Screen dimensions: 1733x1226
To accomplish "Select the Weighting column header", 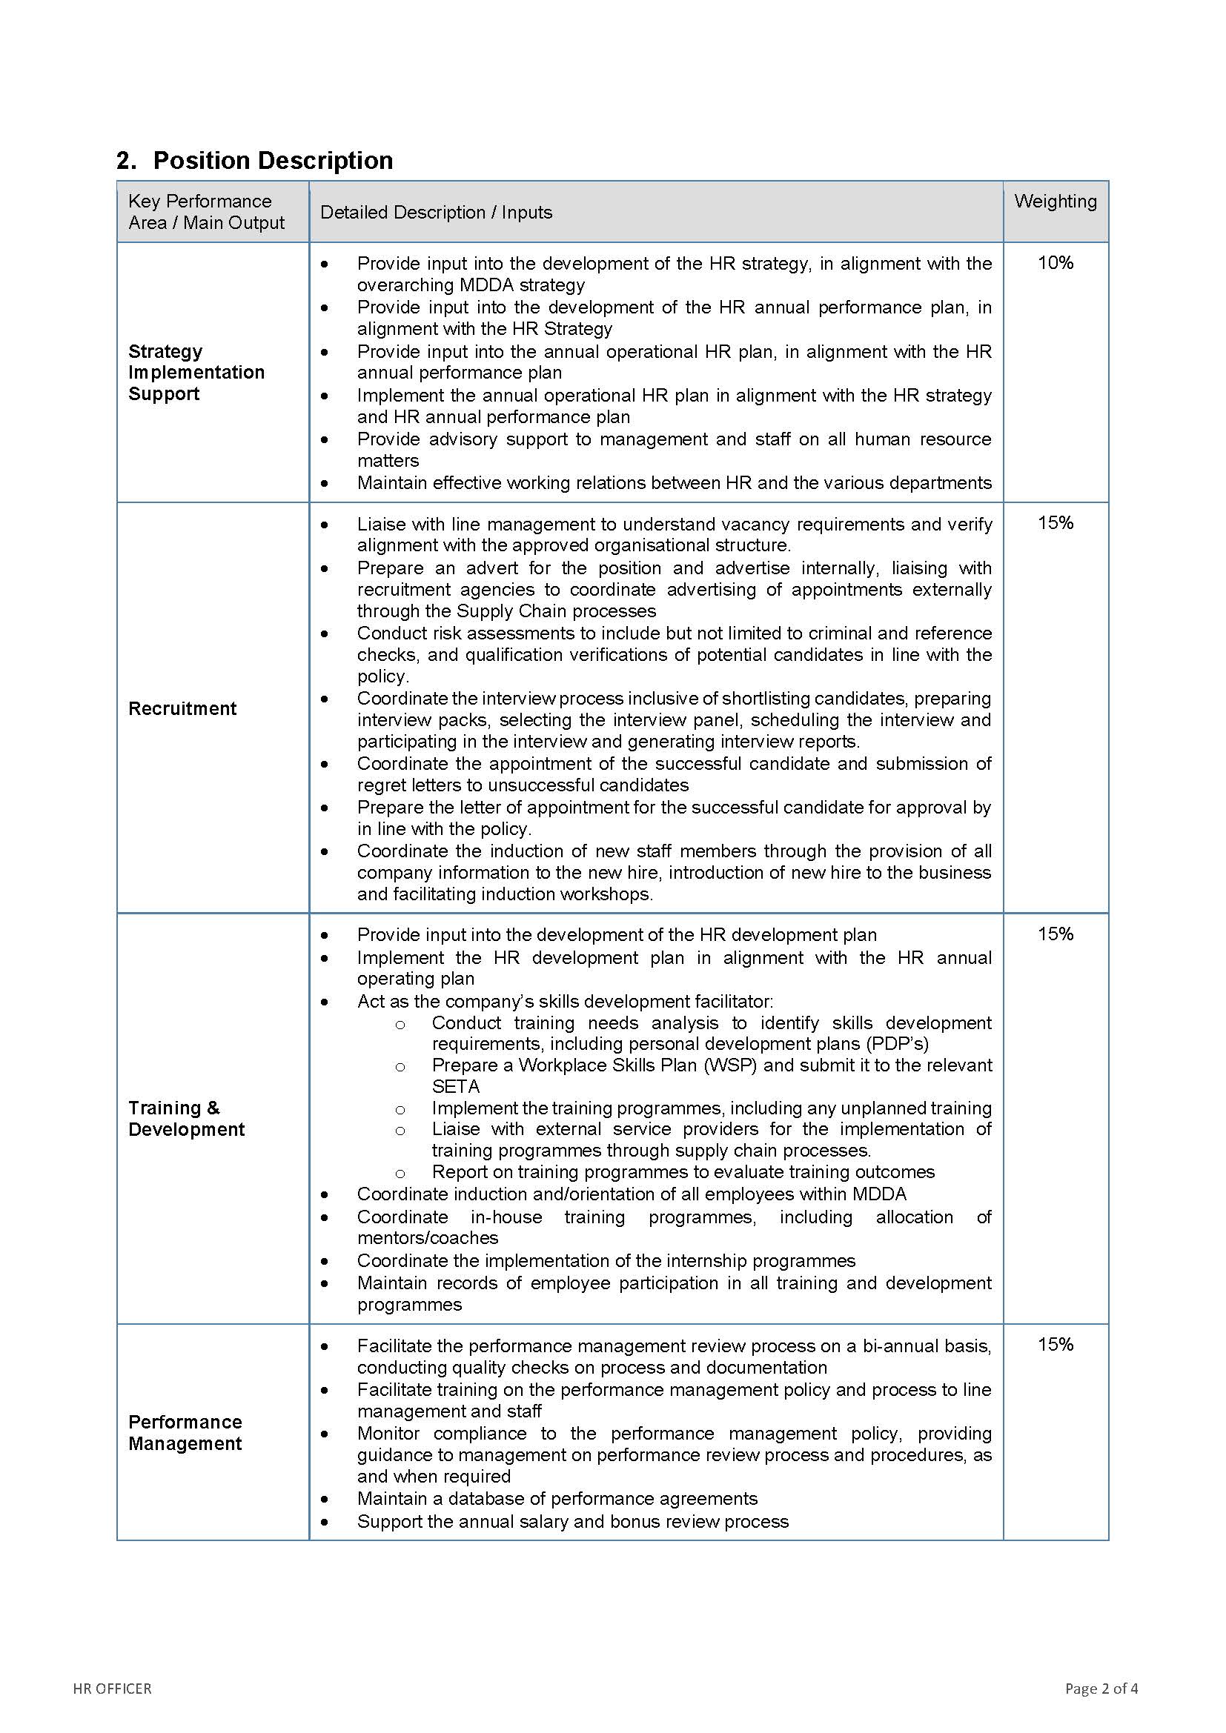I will tap(1055, 202).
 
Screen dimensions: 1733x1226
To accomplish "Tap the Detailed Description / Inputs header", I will tap(436, 212).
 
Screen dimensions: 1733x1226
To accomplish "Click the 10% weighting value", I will tap(1055, 263).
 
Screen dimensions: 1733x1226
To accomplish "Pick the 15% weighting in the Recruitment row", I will tap(1055, 522).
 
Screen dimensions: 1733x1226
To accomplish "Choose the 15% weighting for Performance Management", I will tap(1055, 1344).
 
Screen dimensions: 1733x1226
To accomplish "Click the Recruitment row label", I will tap(182, 708).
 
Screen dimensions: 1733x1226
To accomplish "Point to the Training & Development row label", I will tap(186, 1119).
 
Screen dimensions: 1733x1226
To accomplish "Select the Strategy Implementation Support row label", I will tap(196, 372).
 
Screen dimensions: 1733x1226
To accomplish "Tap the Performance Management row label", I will tap(185, 1433).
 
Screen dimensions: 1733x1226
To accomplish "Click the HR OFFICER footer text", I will tap(113, 1689).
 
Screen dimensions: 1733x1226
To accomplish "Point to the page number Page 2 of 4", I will tap(1101, 1689).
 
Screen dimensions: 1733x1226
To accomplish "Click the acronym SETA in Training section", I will tap(455, 1086).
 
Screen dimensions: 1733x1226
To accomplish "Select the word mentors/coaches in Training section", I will tap(427, 1238).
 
